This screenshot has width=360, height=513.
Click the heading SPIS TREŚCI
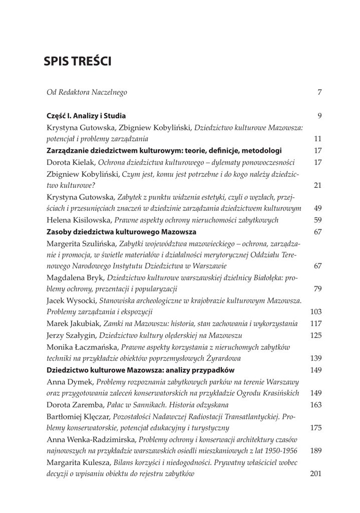78,62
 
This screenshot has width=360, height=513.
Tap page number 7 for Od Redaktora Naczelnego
319,92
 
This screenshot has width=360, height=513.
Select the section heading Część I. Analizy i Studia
86,116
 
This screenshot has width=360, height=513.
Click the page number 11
317,139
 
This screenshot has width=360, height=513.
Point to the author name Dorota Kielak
71,162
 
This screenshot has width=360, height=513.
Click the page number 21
317,185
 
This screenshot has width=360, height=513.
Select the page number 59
317,219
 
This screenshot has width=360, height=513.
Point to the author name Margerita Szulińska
81,243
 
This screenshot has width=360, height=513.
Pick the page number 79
317,289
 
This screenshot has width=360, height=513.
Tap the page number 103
316,312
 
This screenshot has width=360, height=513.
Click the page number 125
316,335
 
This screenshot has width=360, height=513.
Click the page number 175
316,427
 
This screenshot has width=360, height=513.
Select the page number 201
316,473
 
